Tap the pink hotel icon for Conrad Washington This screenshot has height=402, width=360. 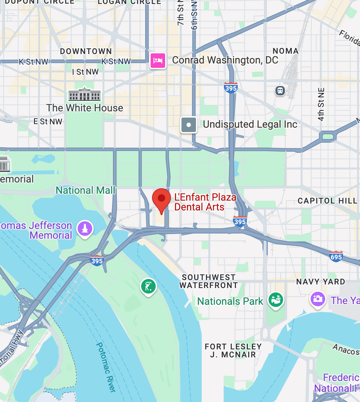coord(158,60)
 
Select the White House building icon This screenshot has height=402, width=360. coord(85,95)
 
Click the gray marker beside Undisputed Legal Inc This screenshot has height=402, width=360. coord(189,125)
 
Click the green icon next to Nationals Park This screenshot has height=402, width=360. coord(276,300)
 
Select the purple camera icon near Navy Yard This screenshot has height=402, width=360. coord(318,299)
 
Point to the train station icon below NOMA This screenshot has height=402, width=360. coord(280,90)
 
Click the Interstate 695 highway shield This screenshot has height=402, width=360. coord(336,256)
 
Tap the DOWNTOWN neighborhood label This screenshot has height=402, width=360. coord(86,52)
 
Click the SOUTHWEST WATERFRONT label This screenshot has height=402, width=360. coord(209,281)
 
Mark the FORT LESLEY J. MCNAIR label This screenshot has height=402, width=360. coord(233,350)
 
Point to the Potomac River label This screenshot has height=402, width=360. coord(106,366)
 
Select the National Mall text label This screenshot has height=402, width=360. coord(85,190)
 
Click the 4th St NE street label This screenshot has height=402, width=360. coord(321,104)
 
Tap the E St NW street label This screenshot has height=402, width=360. coord(48,122)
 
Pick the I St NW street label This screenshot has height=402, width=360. coord(85,72)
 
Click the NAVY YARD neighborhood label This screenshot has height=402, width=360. coord(320,282)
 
